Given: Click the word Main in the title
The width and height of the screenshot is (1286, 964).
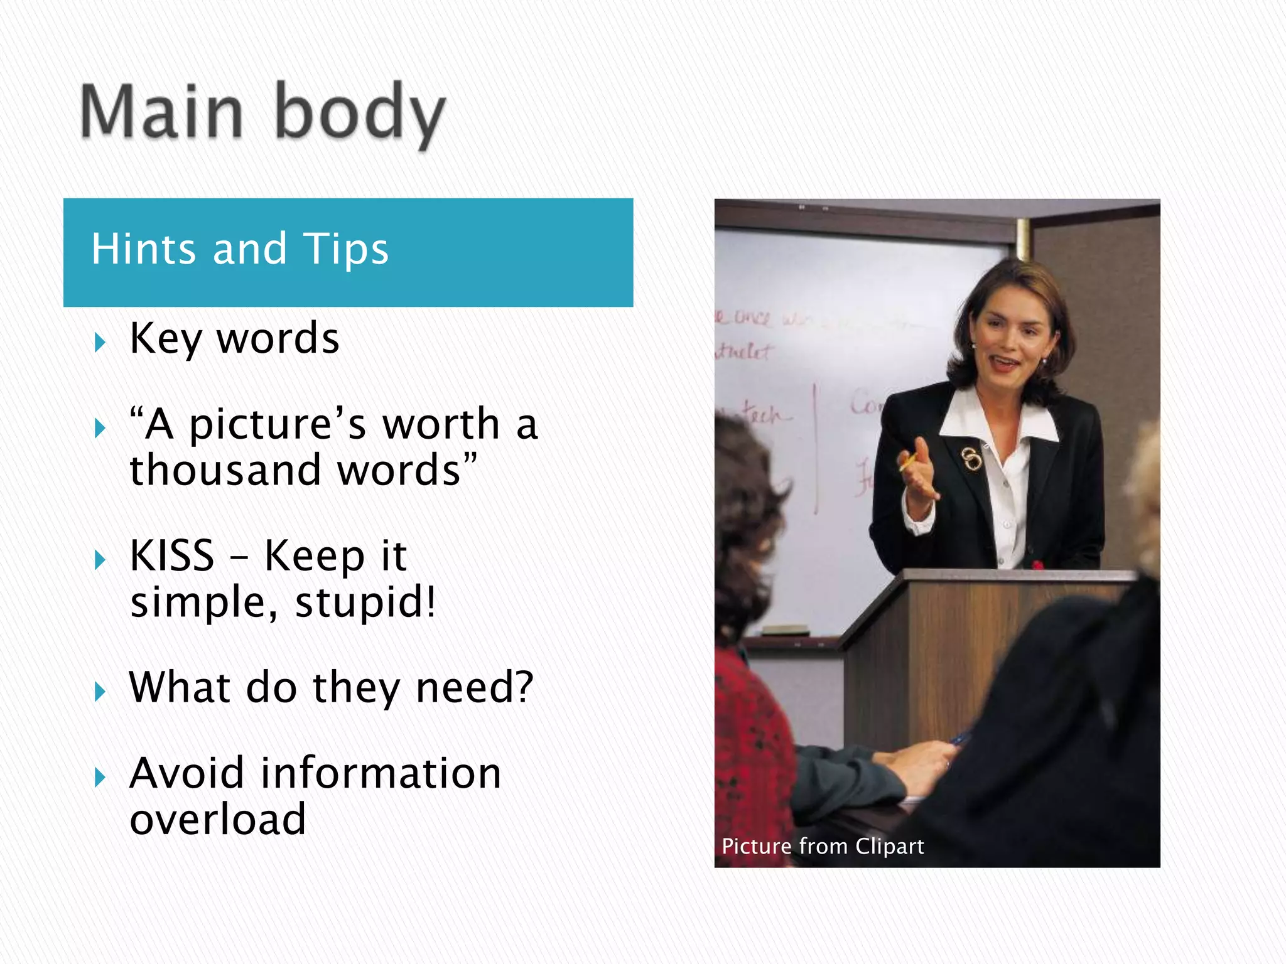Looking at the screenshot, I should (161, 112).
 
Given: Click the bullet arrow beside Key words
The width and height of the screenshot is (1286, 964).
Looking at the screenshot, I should (99, 343).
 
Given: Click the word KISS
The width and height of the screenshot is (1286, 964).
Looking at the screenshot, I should (171, 555).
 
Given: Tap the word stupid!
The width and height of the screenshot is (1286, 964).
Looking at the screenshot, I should (365, 602).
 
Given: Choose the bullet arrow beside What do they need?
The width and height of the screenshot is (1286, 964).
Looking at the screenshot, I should (99, 692).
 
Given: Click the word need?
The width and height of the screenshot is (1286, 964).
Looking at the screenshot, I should (475, 687).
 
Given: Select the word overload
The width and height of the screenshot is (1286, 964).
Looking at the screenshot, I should (217, 819).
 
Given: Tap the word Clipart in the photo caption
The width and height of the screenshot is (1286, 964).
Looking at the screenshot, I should (889, 847).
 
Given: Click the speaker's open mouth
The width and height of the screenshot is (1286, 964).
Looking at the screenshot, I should (1005, 362).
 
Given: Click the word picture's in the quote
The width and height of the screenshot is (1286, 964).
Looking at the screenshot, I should (277, 424).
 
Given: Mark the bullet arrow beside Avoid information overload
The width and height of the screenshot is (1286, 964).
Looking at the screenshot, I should (99, 778).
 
